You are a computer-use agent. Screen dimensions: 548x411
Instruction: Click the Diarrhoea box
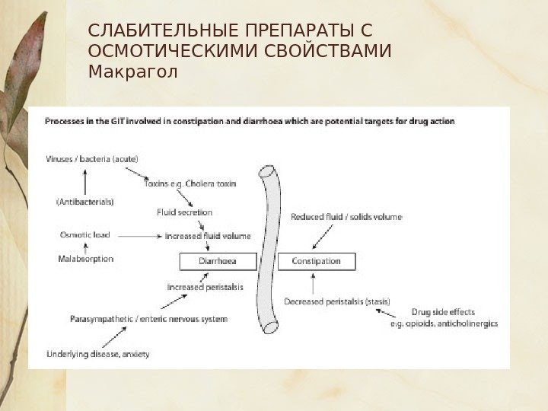point(217,261)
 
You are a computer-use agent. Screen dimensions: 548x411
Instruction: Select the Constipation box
point(315,261)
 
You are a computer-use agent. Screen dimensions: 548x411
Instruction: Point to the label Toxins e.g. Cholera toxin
point(190,183)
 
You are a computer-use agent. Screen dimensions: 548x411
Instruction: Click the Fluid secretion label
point(185,212)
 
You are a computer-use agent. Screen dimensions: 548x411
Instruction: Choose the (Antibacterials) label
point(85,202)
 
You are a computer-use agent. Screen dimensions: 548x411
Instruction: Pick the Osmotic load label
point(84,235)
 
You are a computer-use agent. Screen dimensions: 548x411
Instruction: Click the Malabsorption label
point(85,259)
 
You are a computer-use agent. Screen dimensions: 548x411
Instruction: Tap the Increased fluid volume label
point(208,236)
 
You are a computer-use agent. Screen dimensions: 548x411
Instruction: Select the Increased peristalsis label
point(205,287)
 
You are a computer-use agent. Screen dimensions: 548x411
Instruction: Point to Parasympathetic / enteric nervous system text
point(148,319)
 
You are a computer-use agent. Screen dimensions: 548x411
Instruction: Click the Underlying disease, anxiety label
point(97,353)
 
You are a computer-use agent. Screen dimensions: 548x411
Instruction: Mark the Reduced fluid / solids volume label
point(346,217)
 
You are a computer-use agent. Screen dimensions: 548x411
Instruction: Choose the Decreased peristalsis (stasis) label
point(336,301)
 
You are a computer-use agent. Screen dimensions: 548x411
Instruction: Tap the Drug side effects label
point(443,312)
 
